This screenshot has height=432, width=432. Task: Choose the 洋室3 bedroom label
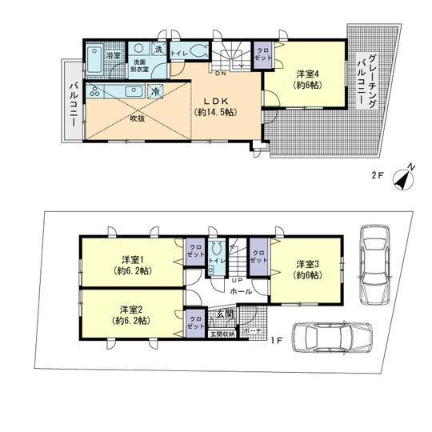pyautogui.click(x=308, y=270)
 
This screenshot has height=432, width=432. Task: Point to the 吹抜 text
pyautogui.click(x=137, y=120)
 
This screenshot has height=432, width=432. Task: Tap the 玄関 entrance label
pyautogui.click(x=225, y=314)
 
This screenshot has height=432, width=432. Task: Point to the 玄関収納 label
pyautogui.click(x=222, y=333)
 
